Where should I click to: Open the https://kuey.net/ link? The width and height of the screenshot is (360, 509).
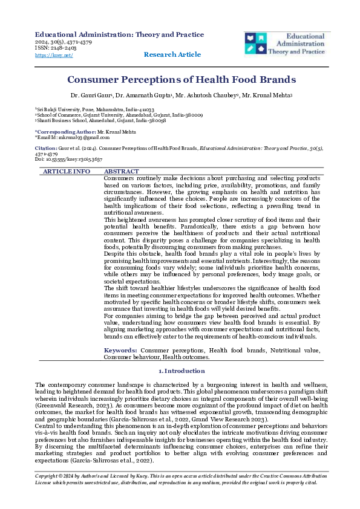click(54, 55)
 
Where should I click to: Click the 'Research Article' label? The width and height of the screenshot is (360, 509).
click(172, 54)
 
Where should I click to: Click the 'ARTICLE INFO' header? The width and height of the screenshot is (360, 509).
click(66, 172)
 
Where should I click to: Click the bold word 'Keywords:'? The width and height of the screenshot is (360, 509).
click(121, 350)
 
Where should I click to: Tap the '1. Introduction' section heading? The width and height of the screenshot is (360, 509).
click(180, 371)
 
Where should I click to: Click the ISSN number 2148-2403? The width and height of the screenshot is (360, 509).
click(59, 48)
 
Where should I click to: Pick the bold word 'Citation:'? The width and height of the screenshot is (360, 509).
click(46, 148)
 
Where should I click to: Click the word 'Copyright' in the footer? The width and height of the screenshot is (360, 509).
click(48, 493)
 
